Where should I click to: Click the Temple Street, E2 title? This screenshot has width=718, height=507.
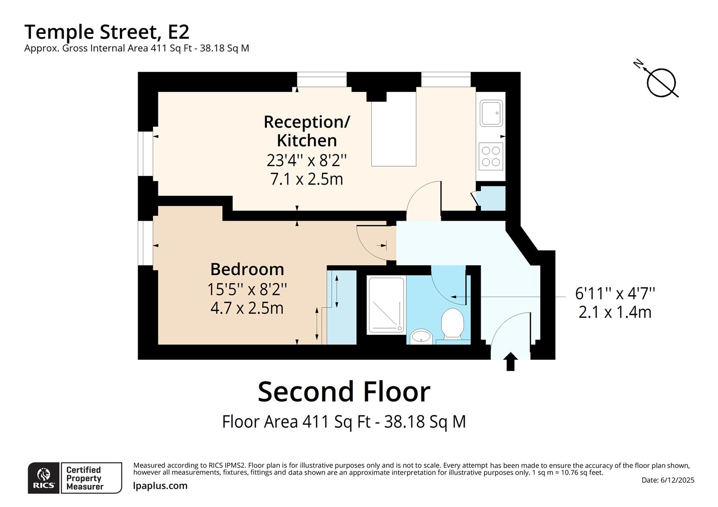(x=107, y=32)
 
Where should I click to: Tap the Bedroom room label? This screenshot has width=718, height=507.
(x=247, y=269)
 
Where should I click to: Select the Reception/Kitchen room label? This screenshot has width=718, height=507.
(x=306, y=131)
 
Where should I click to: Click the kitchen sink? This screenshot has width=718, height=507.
(x=492, y=113)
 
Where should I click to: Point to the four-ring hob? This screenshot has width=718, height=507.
(x=491, y=156)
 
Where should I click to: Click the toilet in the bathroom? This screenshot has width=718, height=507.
(x=453, y=323)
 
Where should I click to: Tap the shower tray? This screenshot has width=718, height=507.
(x=386, y=305)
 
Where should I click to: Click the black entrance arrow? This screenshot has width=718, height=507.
(x=510, y=362)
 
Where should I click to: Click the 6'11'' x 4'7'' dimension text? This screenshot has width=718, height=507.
(x=615, y=293)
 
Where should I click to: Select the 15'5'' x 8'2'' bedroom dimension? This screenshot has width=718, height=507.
(x=247, y=289)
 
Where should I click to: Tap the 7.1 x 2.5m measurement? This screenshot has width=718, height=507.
(x=306, y=179)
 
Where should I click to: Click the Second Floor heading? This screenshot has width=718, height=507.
(x=344, y=392)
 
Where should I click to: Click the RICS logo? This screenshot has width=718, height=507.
(x=44, y=478)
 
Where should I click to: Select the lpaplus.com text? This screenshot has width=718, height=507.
(x=160, y=486)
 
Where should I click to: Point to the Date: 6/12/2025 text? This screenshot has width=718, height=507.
(x=668, y=480)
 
